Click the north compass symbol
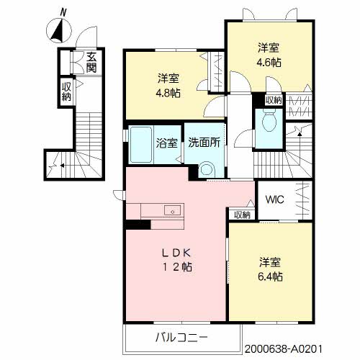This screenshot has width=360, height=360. tap(58, 30)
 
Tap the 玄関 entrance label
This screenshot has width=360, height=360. tap(91, 63)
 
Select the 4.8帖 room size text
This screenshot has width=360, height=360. tap(168, 93)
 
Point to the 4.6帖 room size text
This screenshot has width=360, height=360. tap(269, 63)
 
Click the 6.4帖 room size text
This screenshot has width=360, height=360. tap(270, 276)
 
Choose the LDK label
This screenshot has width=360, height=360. tap(176, 253)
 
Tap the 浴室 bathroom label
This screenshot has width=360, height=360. tap(167, 143)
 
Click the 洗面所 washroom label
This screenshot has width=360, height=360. tap(204, 143)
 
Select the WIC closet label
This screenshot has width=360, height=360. tap(275, 199)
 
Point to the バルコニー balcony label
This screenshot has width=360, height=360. tap(181, 338)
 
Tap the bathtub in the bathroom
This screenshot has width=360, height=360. tap(141, 145)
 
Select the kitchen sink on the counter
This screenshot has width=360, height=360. tap(172, 210)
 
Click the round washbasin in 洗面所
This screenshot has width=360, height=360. tap(207, 169)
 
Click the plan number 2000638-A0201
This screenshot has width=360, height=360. tap(283, 349)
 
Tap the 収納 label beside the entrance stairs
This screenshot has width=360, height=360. tap(66, 91)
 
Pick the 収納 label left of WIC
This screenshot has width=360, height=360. tap(242, 215)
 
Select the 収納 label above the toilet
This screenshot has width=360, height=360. tap(274, 100)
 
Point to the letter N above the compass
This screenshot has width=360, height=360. tap(63, 12)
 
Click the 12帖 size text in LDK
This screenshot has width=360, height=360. tap(177, 267)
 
